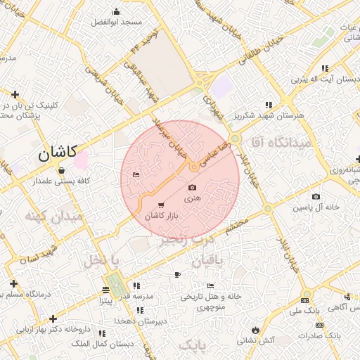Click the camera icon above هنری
click(x=193, y=187)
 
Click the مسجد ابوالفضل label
click(x=117, y=22)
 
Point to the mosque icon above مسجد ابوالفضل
click(x=117, y=12)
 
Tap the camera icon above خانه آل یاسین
click(x=316, y=196)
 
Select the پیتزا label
click(x=105, y=300)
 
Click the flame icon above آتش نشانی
click(x=254, y=329)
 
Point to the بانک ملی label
click(x=305, y=309)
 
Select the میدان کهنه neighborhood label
click(x=54, y=216)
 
